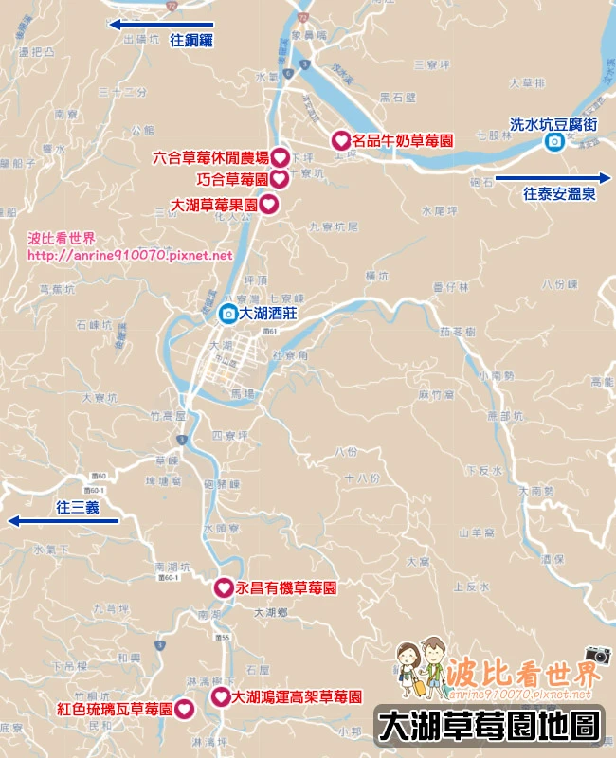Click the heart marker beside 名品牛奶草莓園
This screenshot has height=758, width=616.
[x=339, y=140]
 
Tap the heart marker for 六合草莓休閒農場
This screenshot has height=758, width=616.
[x=280, y=158]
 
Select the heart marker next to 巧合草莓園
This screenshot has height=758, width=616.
[x=280, y=179]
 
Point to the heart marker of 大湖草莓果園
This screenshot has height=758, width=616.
[x=268, y=204]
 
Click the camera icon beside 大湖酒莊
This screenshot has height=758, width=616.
[x=227, y=313]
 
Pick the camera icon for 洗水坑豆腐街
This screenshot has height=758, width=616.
[x=553, y=141]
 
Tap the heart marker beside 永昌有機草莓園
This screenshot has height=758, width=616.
[x=222, y=588]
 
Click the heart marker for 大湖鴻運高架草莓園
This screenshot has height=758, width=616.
[x=219, y=696]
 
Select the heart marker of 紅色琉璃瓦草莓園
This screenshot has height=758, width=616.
[x=184, y=708]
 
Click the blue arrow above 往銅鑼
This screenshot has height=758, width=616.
[x=161, y=26]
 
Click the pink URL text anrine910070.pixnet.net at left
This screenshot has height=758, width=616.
[x=130, y=255]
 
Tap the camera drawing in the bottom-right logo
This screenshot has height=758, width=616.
[x=598, y=655]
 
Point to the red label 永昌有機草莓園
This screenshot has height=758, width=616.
[x=286, y=588]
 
